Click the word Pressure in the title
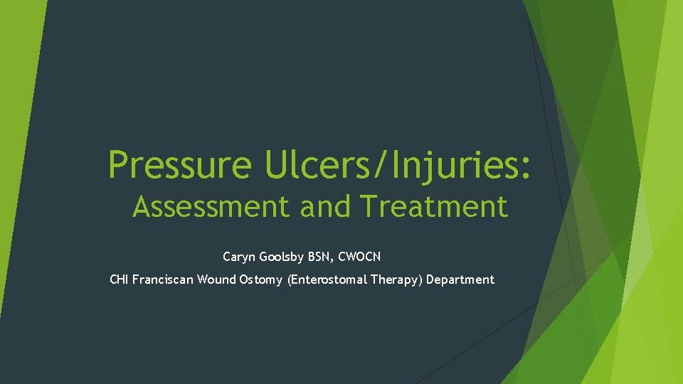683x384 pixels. point(179,164)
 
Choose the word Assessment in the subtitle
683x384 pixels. point(212,207)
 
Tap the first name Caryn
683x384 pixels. point(238,256)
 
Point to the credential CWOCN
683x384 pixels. point(361,256)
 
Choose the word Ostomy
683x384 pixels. point(260,279)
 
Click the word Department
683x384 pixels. point(460,279)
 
